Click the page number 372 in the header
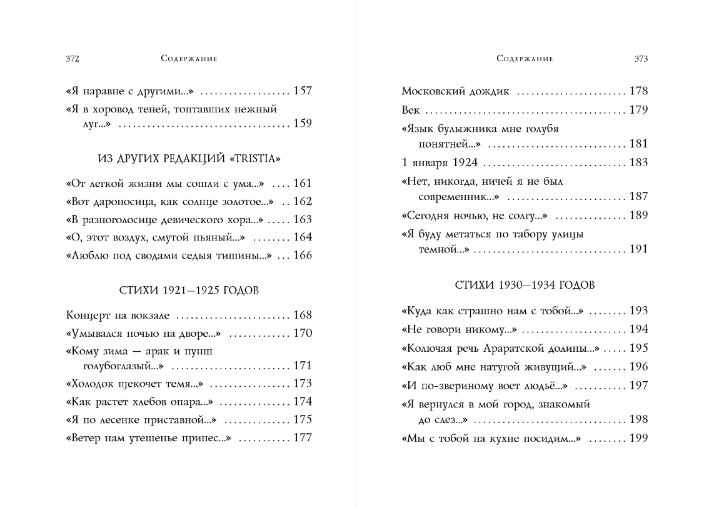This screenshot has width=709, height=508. click(x=72, y=59)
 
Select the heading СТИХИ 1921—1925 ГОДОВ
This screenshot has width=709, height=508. click(x=189, y=291)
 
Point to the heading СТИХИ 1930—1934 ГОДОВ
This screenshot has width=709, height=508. click(x=525, y=286)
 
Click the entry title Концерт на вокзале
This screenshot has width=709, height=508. click(x=118, y=316)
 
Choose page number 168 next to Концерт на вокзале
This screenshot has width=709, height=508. click(x=303, y=316)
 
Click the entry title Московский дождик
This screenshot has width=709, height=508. click(x=455, y=92)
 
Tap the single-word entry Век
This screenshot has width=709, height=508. click(x=410, y=111)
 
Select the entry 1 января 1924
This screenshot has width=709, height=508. click(x=440, y=162)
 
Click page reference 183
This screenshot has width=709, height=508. click(x=638, y=162)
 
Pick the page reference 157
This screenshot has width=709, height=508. click(x=303, y=91)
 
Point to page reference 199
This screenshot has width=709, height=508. click(x=638, y=439)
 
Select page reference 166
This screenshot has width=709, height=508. click(x=303, y=255)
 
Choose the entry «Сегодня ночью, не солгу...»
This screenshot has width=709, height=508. click(x=475, y=216)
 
